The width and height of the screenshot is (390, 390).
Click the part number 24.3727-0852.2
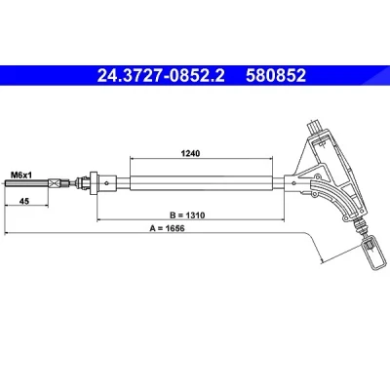point(161,76)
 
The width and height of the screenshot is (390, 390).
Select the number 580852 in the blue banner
point(276,76)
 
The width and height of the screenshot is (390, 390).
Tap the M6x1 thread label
point(21,175)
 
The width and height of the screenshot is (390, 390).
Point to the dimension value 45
point(24,202)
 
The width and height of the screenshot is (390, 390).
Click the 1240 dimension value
point(190,153)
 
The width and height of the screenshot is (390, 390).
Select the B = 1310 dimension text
point(187,214)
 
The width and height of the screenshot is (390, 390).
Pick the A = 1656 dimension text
point(167,228)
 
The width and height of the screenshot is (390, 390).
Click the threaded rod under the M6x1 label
point(27,183)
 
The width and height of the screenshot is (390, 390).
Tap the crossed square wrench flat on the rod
point(56,183)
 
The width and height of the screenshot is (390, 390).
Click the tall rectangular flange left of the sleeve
point(94,183)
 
